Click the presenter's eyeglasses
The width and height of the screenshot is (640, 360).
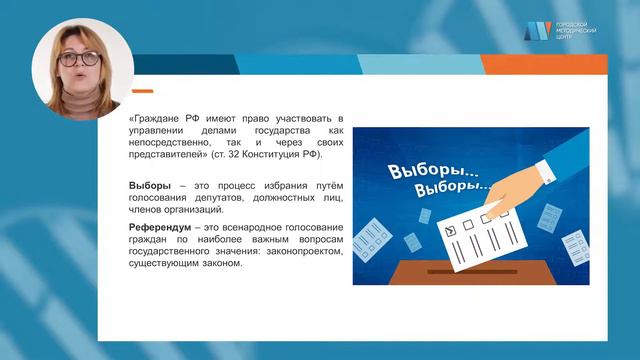[83, 58]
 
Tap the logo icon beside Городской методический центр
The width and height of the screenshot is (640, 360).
[537, 30]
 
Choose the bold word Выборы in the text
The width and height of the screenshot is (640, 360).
[150, 185]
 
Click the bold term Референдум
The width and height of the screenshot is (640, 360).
[162, 228]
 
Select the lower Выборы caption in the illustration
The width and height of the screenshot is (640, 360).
[455, 187]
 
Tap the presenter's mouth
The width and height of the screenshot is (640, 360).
[79, 77]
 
